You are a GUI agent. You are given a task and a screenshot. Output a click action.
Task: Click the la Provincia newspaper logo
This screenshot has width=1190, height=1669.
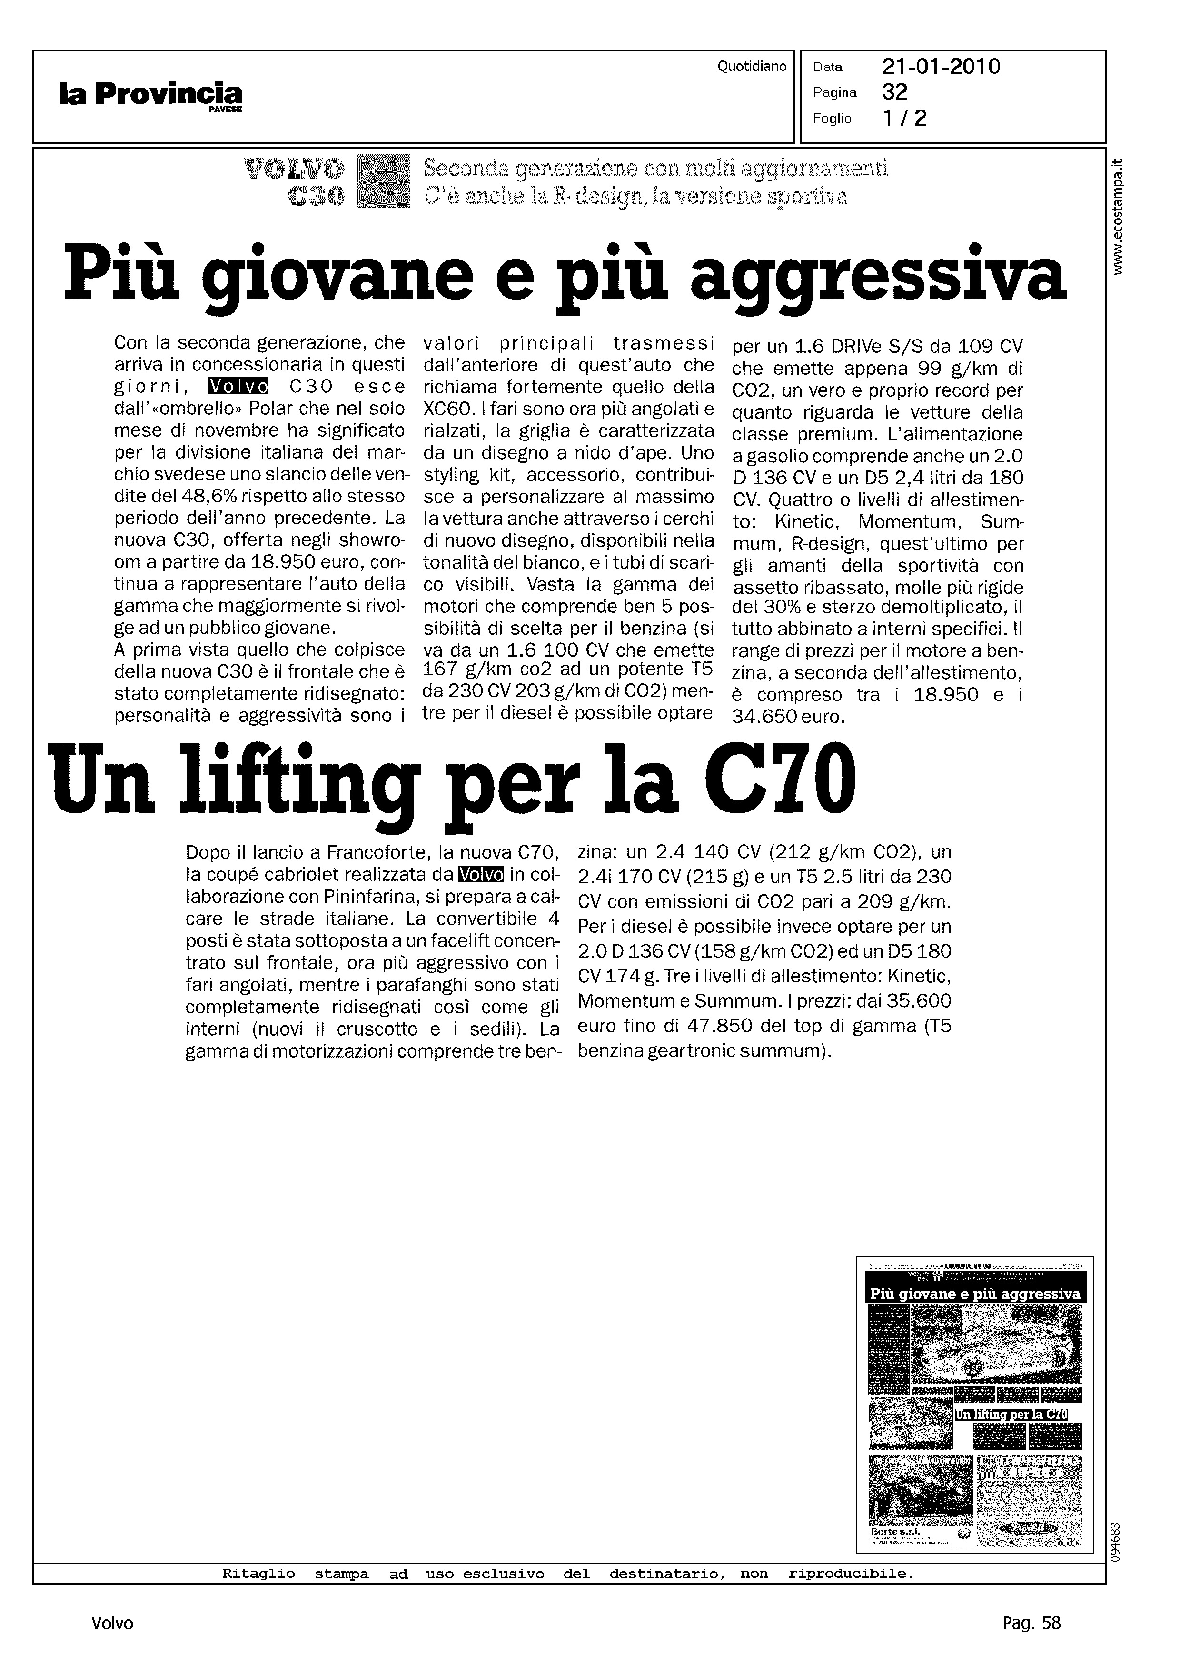pyautogui.click(x=150, y=95)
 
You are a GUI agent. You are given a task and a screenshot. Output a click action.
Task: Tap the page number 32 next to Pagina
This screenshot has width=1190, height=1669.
pyautogui.click(x=895, y=92)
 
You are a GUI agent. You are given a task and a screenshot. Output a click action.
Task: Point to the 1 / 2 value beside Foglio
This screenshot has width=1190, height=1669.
pyautogui.click(x=905, y=118)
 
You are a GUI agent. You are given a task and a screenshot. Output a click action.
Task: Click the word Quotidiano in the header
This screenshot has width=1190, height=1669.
pyautogui.click(x=752, y=67)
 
